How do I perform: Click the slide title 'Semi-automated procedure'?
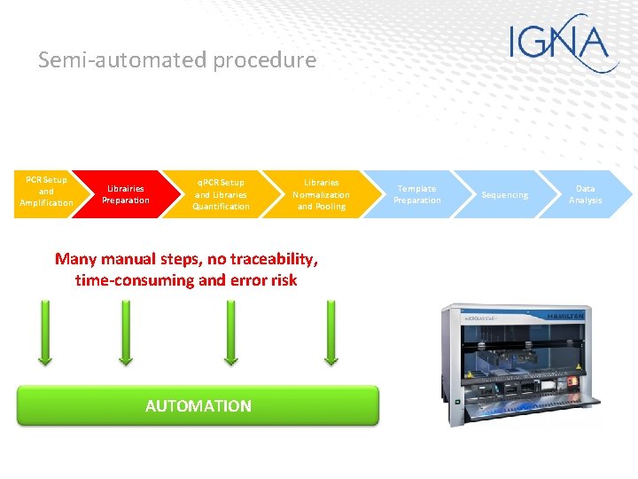click(x=177, y=60)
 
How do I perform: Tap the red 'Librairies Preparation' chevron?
click(x=125, y=194)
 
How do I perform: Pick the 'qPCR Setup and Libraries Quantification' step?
click(x=221, y=194)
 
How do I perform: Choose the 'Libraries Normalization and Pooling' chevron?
click(x=321, y=194)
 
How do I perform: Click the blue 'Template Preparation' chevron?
click(x=416, y=194)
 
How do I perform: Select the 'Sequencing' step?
click(x=504, y=194)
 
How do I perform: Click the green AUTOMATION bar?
click(x=198, y=405)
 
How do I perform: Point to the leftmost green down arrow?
click(x=43, y=333)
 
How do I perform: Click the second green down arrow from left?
click(x=125, y=333)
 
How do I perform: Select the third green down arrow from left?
click(x=230, y=333)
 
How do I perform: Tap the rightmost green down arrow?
click(x=331, y=333)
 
